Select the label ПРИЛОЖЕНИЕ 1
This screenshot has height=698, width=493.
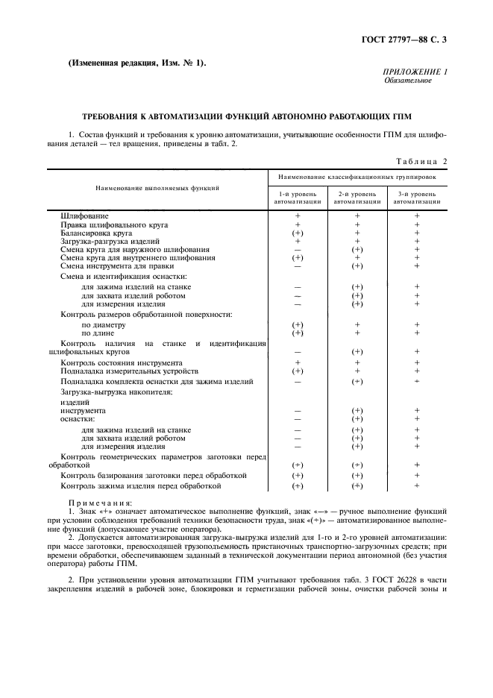(x=414, y=71)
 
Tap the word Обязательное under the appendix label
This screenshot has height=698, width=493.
(x=408, y=80)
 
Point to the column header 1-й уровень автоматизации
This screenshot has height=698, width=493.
(x=297, y=197)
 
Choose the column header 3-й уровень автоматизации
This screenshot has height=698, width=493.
(x=417, y=197)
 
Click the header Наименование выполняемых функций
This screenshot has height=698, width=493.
(x=156, y=188)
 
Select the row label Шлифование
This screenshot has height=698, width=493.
(x=81, y=216)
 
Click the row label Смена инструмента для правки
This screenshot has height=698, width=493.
(x=117, y=265)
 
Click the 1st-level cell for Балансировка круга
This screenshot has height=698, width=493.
(x=297, y=233)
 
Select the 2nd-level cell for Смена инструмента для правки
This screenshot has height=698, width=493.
(x=357, y=265)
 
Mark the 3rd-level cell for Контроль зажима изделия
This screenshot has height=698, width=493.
(x=417, y=485)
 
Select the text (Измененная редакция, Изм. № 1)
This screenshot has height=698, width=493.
(x=137, y=63)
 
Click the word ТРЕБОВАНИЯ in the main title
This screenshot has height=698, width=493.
(x=110, y=117)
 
